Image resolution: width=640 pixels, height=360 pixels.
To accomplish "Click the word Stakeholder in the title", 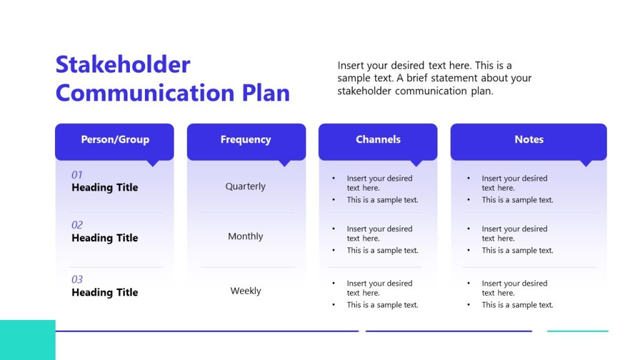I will pyautogui.click(x=122, y=65).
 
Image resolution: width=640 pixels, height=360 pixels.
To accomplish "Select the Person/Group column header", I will pyautogui.click(x=115, y=139).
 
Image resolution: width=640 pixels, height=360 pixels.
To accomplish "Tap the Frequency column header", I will pyautogui.click(x=246, y=139).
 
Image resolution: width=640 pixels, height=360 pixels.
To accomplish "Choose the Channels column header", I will pyautogui.click(x=378, y=139).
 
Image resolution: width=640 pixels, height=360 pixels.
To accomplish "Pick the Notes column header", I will pyautogui.click(x=529, y=139).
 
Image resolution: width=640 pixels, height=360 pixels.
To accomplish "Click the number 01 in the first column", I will pyautogui.click(x=77, y=175).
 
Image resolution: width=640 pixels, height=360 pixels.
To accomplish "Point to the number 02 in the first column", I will pyautogui.click(x=77, y=225).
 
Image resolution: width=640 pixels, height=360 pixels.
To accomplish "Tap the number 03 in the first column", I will pyautogui.click(x=77, y=279).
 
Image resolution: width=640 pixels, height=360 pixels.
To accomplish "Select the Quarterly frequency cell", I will pyautogui.click(x=246, y=186).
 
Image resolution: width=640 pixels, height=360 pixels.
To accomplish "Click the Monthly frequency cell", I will pyautogui.click(x=246, y=236).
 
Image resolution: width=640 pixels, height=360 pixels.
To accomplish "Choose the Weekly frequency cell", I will pyautogui.click(x=246, y=291).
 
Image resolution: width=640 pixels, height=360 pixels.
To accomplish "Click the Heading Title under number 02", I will pyautogui.click(x=104, y=238).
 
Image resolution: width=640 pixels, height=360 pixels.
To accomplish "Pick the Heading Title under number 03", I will pyautogui.click(x=104, y=292).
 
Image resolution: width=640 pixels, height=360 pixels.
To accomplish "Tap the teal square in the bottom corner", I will pyautogui.click(x=27, y=340).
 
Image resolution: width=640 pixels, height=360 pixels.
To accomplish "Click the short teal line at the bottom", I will pyautogui.click(x=577, y=331).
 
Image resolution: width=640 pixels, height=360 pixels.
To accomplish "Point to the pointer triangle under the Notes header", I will pyautogui.click(x=586, y=163).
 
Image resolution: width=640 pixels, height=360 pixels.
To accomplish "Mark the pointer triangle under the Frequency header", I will pyautogui.click(x=284, y=163).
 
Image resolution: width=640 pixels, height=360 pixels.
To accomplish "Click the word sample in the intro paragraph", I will pyautogui.click(x=353, y=78).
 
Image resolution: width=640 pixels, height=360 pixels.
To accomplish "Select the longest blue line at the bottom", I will pyautogui.click(x=206, y=331).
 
